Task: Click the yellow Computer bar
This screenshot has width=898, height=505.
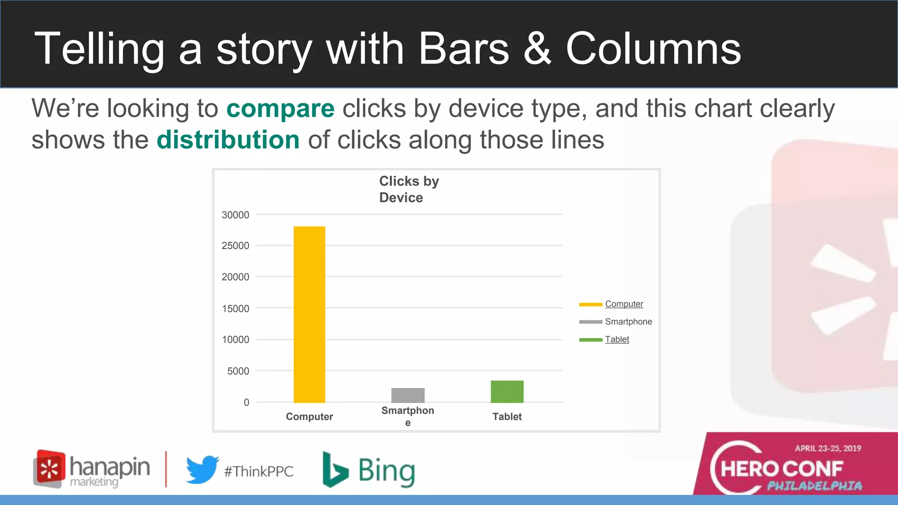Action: click(309, 314)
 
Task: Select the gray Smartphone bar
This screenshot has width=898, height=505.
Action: click(408, 395)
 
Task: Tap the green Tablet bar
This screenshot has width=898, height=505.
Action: click(507, 391)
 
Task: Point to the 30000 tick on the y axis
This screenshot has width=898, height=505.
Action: click(235, 215)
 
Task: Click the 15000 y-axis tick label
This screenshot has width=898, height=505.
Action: click(235, 309)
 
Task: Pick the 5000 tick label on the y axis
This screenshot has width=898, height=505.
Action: click(238, 371)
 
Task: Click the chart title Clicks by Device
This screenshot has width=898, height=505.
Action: click(409, 189)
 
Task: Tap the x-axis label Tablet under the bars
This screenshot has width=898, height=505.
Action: click(507, 416)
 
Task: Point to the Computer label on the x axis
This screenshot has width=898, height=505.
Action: click(309, 416)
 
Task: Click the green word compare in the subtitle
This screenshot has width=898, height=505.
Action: click(280, 109)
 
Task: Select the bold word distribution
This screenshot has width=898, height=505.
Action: click(228, 140)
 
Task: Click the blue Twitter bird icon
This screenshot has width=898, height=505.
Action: click(202, 469)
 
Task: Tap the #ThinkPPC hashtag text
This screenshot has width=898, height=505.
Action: click(259, 472)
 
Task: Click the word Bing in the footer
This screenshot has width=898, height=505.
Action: click(386, 471)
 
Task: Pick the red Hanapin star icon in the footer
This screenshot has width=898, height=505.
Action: click(50, 468)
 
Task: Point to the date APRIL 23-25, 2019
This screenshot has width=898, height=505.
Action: click(828, 448)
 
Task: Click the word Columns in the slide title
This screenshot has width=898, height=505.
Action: click(653, 49)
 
